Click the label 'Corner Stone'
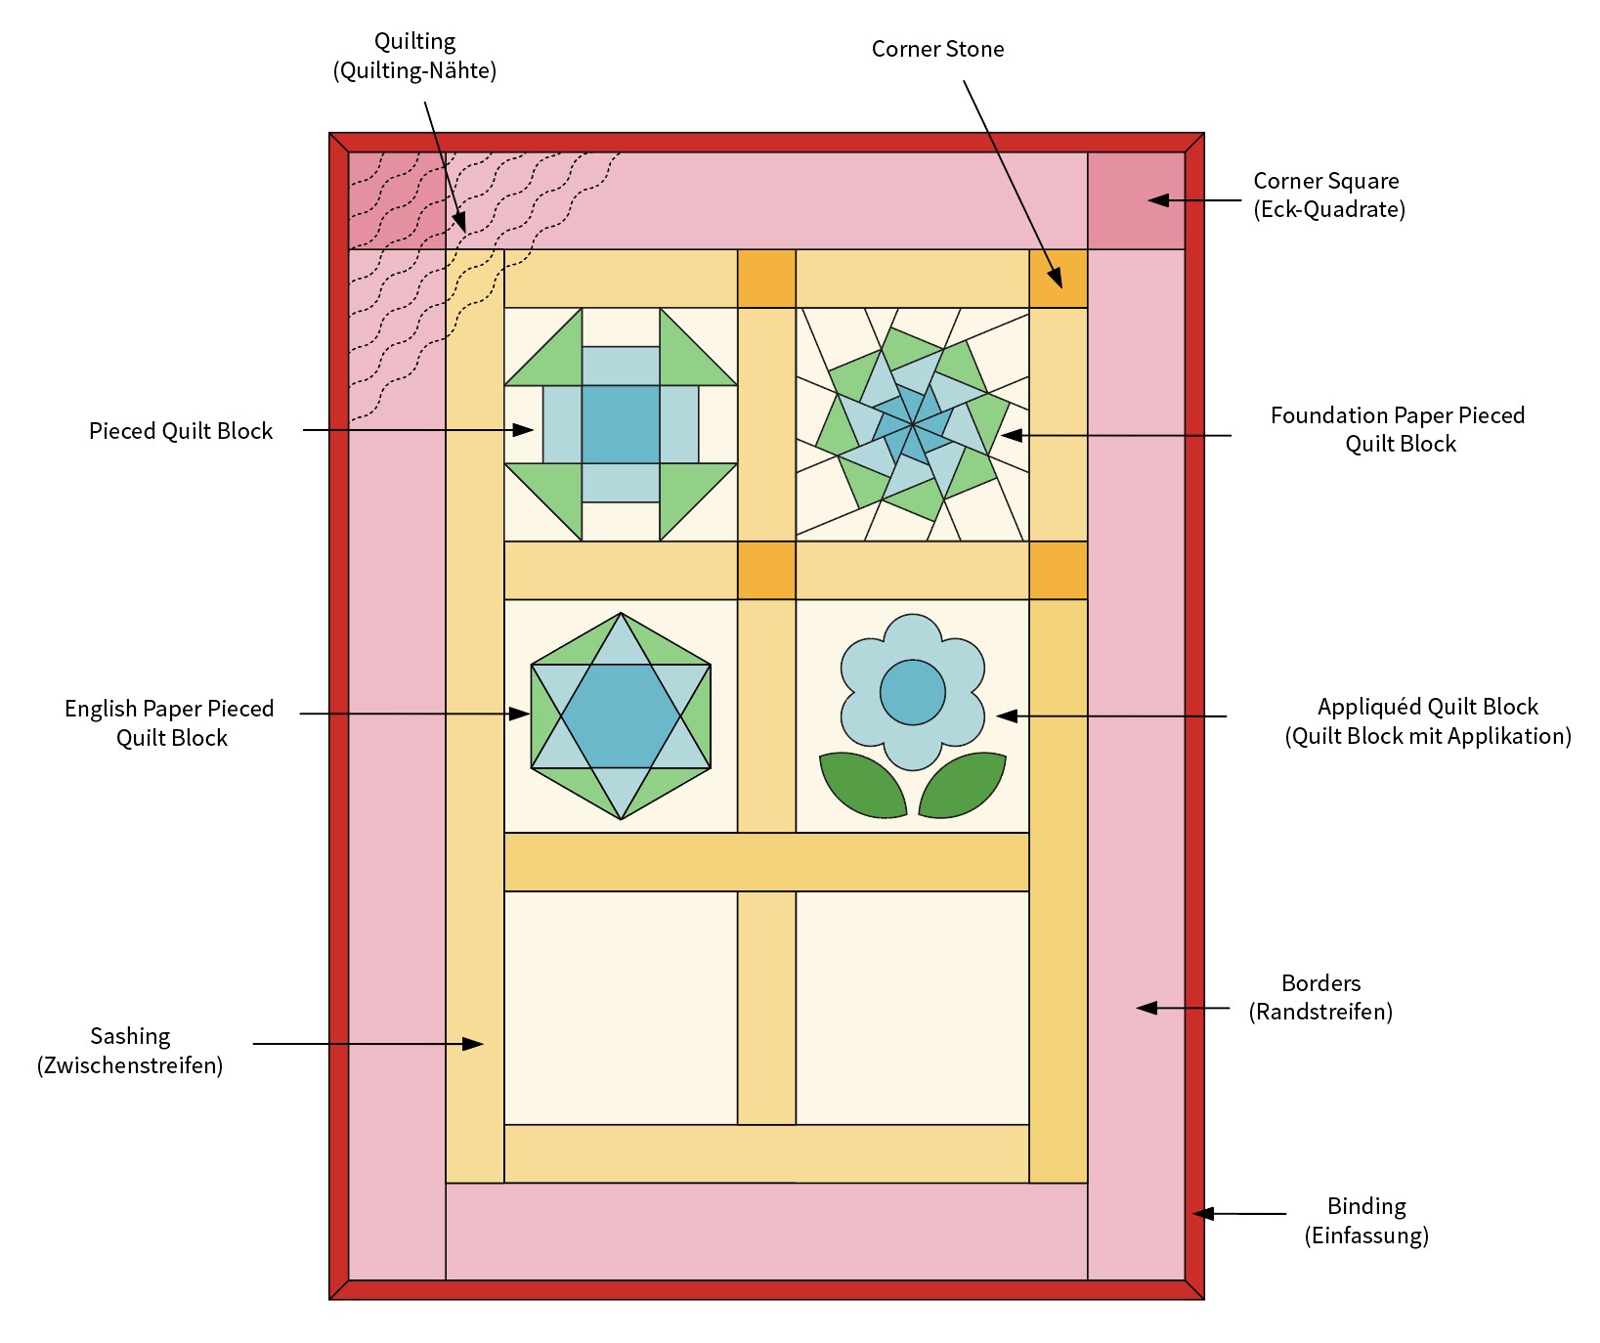[x=937, y=49]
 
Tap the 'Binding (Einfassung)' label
[x=1366, y=1221]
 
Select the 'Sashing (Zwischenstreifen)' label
[x=130, y=1051]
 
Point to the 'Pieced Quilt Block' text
[x=181, y=431]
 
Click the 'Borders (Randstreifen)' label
[x=1320, y=997]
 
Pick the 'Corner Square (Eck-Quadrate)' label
[x=1328, y=195]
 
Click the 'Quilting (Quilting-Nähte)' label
[x=414, y=56]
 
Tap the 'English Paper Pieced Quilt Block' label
[x=169, y=723]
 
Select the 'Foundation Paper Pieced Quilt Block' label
[x=1398, y=429]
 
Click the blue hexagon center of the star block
[x=621, y=715]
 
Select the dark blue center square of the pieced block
[x=621, y=424]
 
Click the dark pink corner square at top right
[x=1136, y=200]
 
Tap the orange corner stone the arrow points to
[x=1059, y=279]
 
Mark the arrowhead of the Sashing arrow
[x=476, y=1044]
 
